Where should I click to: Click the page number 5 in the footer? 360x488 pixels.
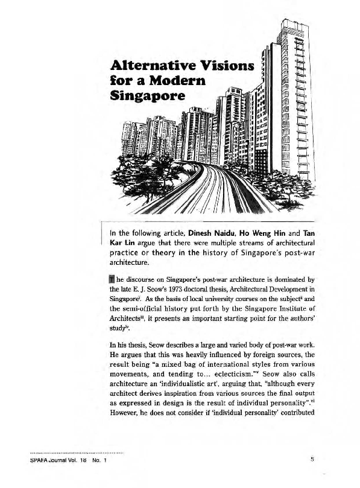312,461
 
